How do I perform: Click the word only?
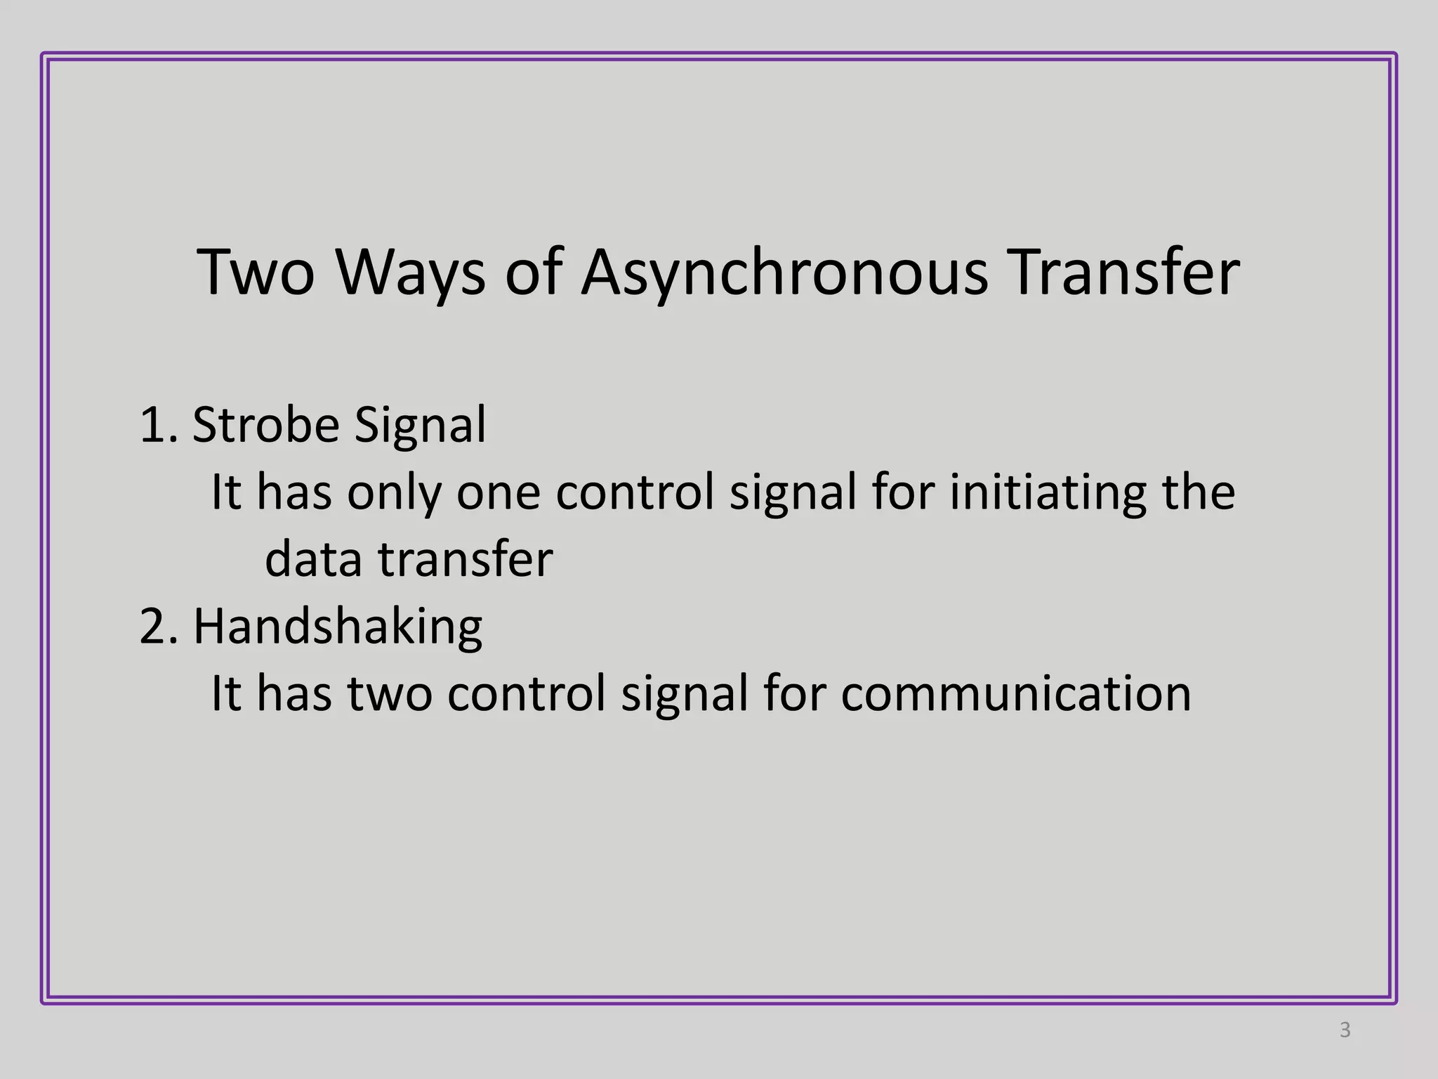click(x=394, y=492)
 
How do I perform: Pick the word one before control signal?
click(x=499, y=492)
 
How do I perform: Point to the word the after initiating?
click(x=1199, y=492)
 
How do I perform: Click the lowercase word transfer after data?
click(x=466, y=560)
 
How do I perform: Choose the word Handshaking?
click(x=338, y=627)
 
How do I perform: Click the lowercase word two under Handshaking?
click(x=390, y=694)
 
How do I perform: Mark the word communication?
click(x=1016, y=694)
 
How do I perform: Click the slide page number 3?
click(x=1345, y=1030)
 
